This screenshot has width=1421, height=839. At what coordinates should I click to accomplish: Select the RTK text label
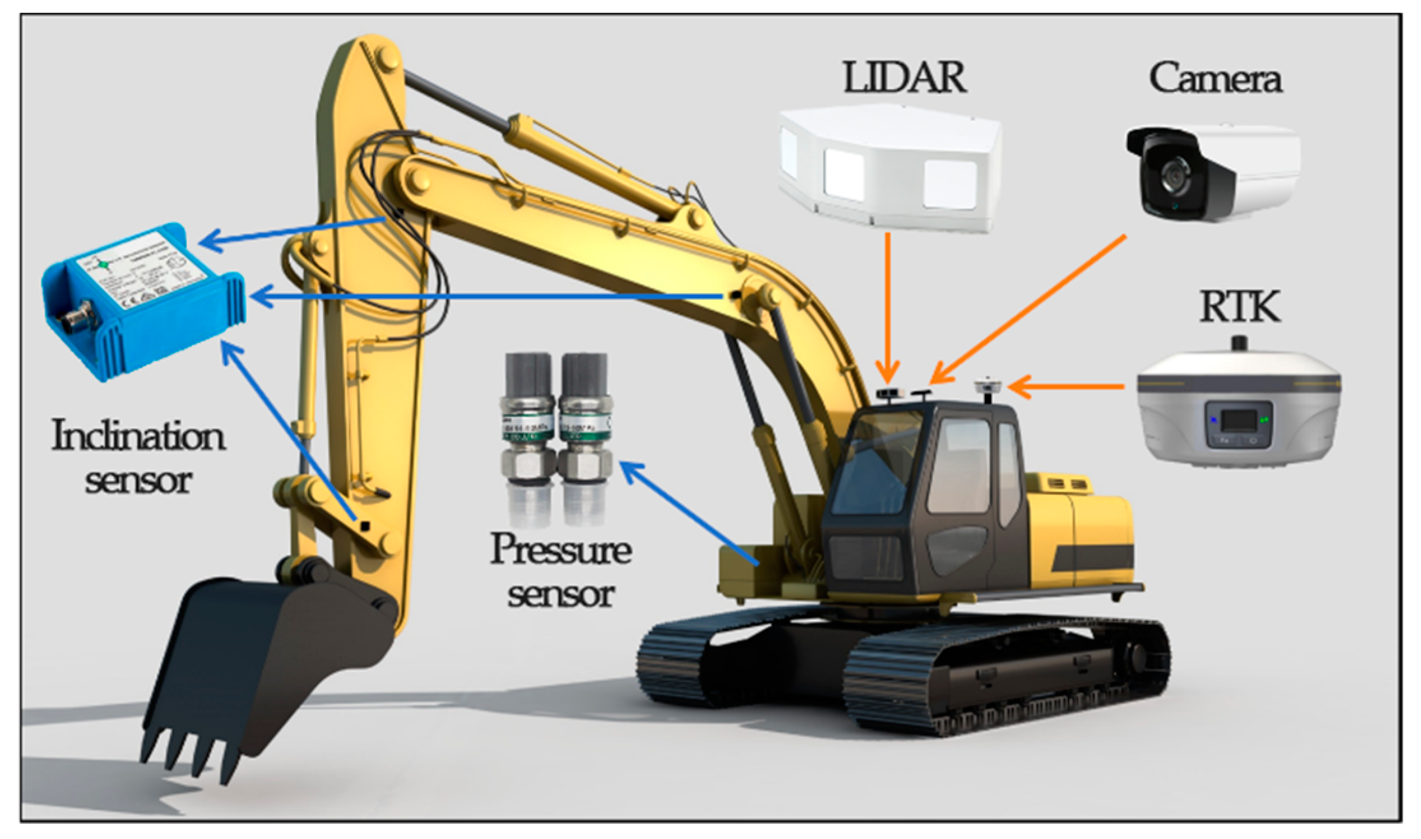1239,307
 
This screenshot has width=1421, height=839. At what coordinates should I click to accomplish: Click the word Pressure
559,549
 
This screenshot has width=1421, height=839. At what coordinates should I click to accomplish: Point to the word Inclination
138,437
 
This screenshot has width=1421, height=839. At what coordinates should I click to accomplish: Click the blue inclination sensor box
143,299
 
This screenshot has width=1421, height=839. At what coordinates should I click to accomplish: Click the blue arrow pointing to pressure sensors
688,513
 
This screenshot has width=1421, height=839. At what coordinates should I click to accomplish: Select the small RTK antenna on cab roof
988,386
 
